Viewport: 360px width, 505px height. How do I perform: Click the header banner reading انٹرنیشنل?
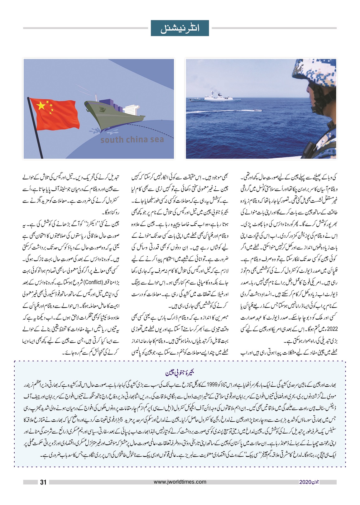(x=180, y=28)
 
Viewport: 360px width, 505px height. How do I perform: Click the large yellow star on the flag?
(x=41, y=106)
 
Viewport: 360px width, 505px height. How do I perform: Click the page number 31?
(x=43, y=482)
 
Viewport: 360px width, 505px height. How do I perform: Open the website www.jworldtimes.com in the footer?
(x=180, y=482)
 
